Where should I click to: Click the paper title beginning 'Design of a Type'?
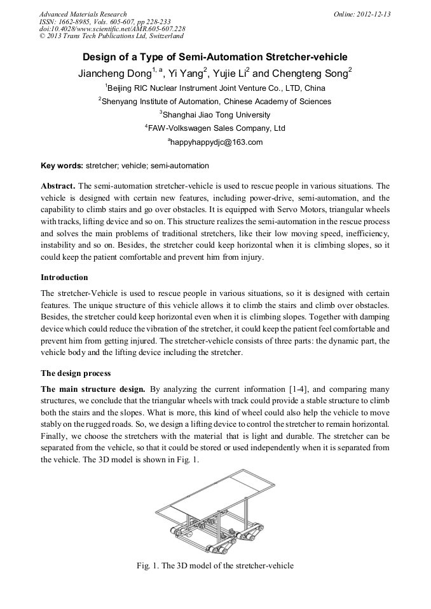(215, 57)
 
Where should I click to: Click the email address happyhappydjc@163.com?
(215, 142)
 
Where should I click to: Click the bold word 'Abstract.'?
(58, 186)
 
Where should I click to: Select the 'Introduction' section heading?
(64, 278)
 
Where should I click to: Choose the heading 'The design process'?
(76, 373)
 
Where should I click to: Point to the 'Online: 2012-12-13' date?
(362, 14)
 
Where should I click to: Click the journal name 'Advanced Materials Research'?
(83, 14)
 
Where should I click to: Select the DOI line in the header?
(112, 29)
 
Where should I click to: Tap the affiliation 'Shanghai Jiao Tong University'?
(215, 115)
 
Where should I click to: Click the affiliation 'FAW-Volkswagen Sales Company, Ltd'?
(215, 128)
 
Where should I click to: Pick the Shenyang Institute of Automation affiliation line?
(215, 102)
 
